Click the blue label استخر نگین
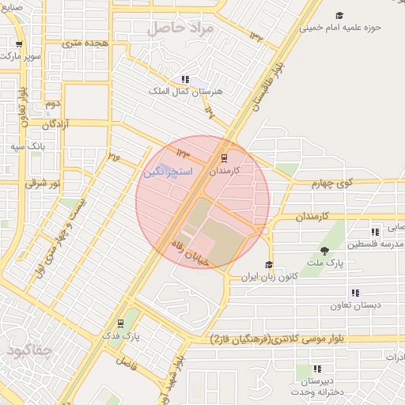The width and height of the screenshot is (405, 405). (165, 171)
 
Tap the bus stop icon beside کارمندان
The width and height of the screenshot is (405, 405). (224, 157)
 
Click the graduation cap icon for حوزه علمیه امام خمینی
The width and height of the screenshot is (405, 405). (339, 15)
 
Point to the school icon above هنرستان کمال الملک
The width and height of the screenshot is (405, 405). (185, 79)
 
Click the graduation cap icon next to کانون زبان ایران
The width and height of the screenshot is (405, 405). (269, 265)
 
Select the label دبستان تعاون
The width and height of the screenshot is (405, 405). (354, 305)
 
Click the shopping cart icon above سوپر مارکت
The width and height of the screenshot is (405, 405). (18, 44)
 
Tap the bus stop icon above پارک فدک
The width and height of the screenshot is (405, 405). (120, 323)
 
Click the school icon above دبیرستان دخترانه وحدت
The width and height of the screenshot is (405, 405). (317, 369)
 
